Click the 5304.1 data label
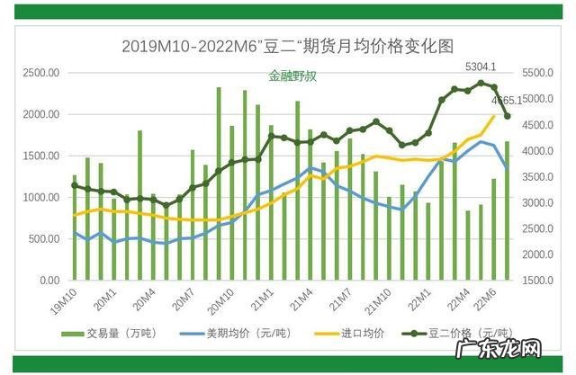pos(480,67)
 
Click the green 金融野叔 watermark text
pos(292,77)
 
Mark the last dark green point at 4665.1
pos(507,116)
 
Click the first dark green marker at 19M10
pos(75,185)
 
